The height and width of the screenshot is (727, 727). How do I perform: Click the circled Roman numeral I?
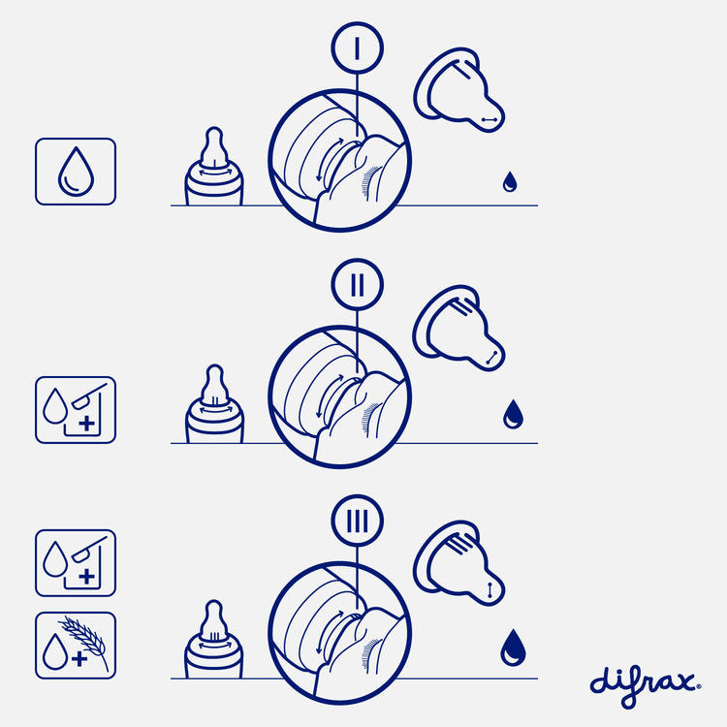click(x=357, y=47)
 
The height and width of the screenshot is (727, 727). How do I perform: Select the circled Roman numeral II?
click(x=357, y=284)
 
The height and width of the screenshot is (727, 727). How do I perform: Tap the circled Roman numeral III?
click(x=357, y=521)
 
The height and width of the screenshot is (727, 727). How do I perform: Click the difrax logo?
click(x=645, y=685)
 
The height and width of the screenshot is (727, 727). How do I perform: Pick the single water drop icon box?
click(x=76, y=171)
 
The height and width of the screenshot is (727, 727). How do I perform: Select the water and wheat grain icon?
click(x=76, y=646)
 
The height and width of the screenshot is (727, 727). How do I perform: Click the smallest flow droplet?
click(x=510, y=182)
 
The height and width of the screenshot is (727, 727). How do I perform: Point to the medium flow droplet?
click(x=513, y=414)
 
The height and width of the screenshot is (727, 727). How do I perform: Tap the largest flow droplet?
click(x=513, y=648)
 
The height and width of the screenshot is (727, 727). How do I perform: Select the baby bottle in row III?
click(x=213, y=640)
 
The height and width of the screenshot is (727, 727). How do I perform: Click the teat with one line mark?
click(x=459, y=90)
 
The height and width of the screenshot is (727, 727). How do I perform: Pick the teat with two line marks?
click(x=459, y=328)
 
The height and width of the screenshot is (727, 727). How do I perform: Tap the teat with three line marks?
click(x=459, y=563)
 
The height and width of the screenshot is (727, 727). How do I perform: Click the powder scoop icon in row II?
click(x=89, y=395)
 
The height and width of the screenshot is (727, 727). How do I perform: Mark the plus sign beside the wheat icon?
click(x=79, y=659)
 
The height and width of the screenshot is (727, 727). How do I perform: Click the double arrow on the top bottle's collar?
click(x=215, y=172)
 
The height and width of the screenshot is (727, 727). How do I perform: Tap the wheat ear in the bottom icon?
click(x=85, y=638)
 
